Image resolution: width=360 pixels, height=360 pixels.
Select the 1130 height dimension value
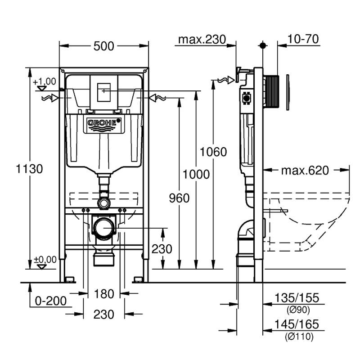point(29,170)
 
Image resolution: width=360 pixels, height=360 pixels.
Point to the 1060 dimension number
point(214,152)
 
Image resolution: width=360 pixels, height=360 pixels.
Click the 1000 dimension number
point(197,174)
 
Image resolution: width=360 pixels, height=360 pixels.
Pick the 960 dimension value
point(179,198)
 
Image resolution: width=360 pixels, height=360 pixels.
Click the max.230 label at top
point(201,40)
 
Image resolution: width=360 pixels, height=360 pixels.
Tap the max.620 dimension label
point(305,171)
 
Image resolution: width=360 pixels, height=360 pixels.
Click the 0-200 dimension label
point(47,300)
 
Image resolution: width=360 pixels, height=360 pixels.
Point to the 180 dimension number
point(104,294)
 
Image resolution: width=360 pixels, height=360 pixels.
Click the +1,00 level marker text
point(45,81)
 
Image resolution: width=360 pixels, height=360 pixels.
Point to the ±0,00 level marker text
point(45,259)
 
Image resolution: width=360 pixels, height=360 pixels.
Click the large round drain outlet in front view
point(104,227)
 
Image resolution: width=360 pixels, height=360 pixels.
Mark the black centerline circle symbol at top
point(262,45)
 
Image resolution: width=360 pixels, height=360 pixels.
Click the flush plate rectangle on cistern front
point(104,90)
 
